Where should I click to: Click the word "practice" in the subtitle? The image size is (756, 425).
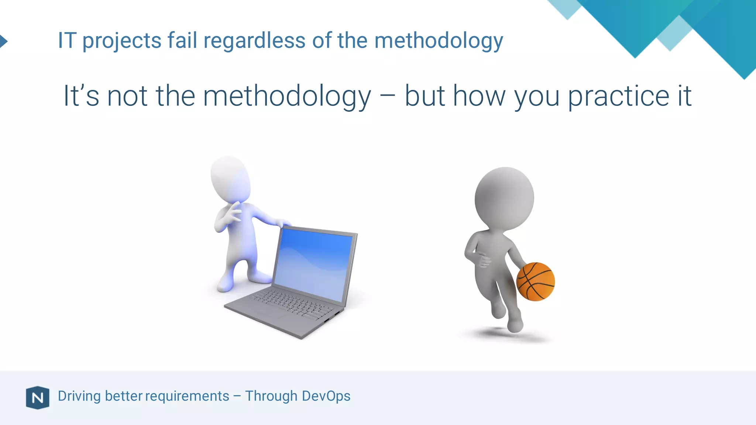(x=618, y=96)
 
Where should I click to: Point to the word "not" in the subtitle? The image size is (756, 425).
(x=127, y=96)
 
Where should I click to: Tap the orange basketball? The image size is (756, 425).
(x=535, y=281)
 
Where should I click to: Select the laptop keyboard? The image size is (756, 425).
(x=292, y=304)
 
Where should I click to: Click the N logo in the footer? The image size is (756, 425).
(x=38, y=398)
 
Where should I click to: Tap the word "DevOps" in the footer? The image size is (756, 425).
(x=326, y=396)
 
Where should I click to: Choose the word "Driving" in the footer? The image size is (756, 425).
(x=79, y=396)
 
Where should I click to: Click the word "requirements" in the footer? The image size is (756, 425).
(x=187, y=396)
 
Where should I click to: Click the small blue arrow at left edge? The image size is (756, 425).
(x=3, y=41)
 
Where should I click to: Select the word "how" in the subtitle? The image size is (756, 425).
(x=479, y=96)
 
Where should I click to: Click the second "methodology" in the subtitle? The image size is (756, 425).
(x=287, y=96)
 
